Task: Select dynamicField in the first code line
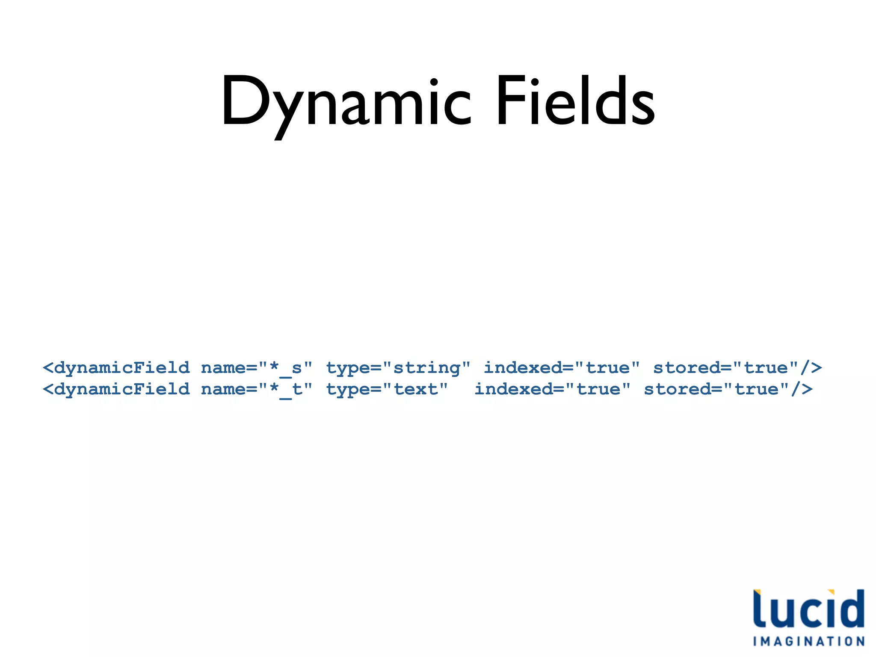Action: tap(122, 368)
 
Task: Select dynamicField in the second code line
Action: tap(122, 389)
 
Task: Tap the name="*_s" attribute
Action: tap(257, 368)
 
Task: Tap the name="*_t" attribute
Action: tap(257, 389)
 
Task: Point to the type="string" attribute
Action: tap(398, 368)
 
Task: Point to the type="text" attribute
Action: tap(387, 389)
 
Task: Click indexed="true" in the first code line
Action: tap(562, 368)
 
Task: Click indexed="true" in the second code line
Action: tap(552, 389)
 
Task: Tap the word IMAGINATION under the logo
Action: tap(808, 641)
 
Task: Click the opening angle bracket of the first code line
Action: tap(48, 368)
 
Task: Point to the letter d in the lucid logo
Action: tap(851, 608)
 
